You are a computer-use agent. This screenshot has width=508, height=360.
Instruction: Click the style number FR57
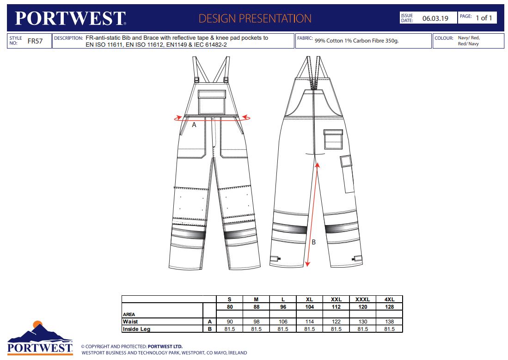(x=35, y=41)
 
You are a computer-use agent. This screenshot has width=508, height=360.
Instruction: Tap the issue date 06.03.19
(x=435, y=18)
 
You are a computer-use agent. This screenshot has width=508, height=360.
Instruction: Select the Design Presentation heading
(x=255, y=18)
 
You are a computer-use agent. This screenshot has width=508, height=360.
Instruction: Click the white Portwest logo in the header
(x=70, y=18)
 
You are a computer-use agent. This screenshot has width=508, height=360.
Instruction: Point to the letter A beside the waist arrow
(x=194, y=125)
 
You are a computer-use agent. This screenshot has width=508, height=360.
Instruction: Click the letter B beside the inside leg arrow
(x=313, y=242)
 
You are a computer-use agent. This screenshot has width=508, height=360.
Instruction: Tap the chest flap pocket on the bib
(x=212, y=102)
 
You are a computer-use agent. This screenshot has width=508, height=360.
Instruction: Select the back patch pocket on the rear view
(x=333, y=140)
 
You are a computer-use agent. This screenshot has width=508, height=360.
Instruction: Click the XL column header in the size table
(x=309, y=299)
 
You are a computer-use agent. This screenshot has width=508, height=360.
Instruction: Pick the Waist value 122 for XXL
(x=336, y=322)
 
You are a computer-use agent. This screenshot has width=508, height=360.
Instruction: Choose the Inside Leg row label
(x=136, y=329)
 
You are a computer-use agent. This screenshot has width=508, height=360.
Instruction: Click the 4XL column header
(x=389, y=299)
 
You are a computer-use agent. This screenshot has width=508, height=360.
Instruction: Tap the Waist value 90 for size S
(x=230, y=322)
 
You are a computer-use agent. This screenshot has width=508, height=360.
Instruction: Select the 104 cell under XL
(x=309, y=307)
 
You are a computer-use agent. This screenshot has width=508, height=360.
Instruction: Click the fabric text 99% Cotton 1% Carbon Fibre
(x=356, y=41)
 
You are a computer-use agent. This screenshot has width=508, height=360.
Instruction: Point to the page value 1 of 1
(x=484, y=18)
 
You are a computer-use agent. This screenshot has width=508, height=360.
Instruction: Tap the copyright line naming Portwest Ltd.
(x=132, y=347)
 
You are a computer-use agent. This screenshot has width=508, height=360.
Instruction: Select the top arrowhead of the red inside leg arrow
(x=318, y=165)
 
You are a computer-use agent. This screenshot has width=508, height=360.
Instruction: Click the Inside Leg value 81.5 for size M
(x=256, y=329)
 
